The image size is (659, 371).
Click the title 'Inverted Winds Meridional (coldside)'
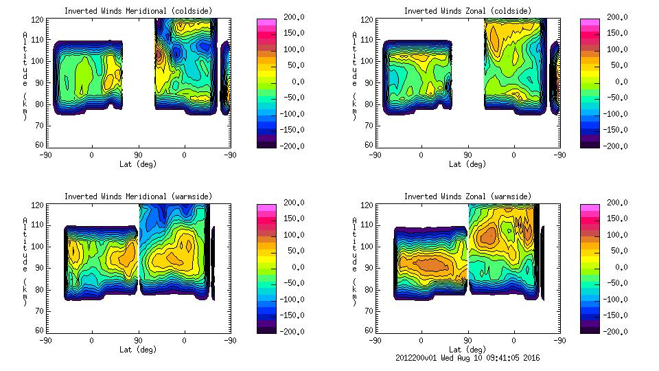[138, 11]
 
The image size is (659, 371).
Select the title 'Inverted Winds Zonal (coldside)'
[467, 11]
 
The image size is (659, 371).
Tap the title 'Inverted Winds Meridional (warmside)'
[138, 196]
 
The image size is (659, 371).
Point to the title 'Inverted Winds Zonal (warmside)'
[467, 196]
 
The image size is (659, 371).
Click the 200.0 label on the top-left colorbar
[295, 16]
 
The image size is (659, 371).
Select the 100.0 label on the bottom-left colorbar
[295, 235]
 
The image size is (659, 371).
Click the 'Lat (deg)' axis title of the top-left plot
[138, 164]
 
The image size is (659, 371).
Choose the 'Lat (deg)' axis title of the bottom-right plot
[467, 349]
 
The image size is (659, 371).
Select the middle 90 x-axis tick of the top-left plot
[138, 155]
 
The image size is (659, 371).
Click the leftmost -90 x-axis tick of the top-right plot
[375, 155]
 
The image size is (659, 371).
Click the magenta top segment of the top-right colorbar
[588, 23]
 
